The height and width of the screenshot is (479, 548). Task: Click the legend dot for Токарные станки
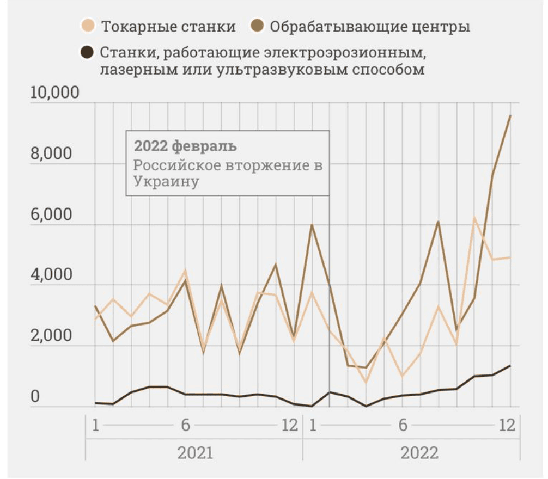pyautogui.click(x=87, y=26)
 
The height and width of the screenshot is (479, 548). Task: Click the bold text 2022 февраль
pyautogui.click(x=185, y=146)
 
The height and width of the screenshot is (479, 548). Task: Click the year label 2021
pyautogui.click(x=194, y=453)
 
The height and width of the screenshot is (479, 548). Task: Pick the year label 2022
pyautogui.click(x=419, y=453)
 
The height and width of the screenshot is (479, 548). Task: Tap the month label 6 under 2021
pyautogui.click(x=185, y=425)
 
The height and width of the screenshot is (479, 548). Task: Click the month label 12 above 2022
pyautogui.click(x=507, y=425)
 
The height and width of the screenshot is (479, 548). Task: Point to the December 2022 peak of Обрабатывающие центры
pyautogui.click(x=510, y=116)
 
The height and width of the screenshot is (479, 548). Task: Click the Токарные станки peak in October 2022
pyautogui.click(x=474, y=218)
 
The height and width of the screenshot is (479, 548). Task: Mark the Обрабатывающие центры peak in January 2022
pyautogui.click(x=312, y=225)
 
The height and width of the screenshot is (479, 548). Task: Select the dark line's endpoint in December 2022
pyautogui.click(x=510, y=366)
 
